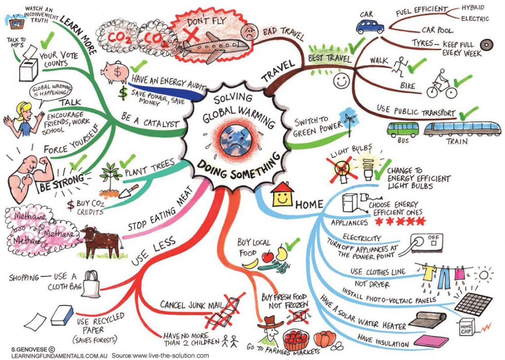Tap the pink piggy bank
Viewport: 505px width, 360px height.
114,72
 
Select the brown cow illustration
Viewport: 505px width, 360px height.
101,242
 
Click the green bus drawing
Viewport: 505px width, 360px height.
402,129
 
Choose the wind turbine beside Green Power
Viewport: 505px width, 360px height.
349,120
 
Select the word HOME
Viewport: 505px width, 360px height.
309,204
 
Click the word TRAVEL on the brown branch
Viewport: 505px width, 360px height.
278,71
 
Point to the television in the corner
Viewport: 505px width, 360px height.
14,22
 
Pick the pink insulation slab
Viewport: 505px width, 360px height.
431,341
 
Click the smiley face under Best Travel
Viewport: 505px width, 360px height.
341,81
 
